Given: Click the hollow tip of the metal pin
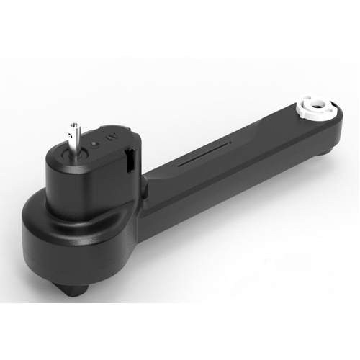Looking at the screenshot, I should pyautogui.click(x=72, y=125).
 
